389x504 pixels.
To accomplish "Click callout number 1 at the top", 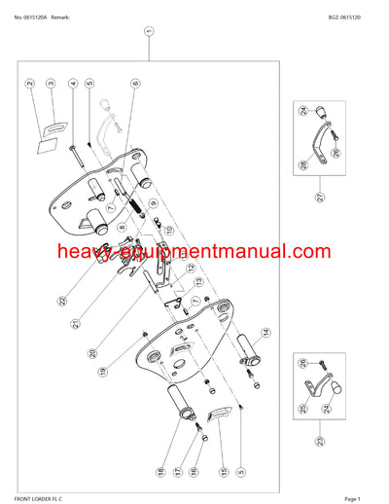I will click(148, 30).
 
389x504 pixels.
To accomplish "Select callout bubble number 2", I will click(30, 85).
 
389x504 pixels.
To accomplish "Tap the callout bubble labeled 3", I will click(51, 85).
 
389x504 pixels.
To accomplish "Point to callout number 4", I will click(73, 85).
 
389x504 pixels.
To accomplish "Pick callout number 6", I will click(135, 85).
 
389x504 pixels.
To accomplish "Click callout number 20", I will click(92, 354).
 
